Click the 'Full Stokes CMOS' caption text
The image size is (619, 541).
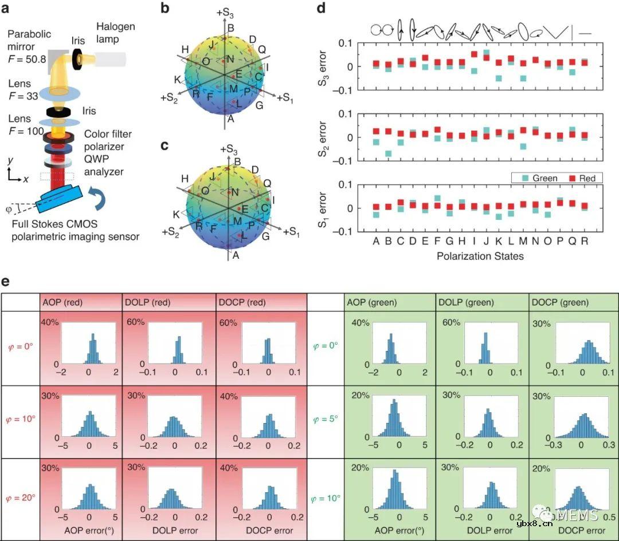click(x=72, y=223)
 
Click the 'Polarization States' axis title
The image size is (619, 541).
click(x=480, y=256)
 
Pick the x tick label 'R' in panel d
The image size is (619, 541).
click(x=584, y=241)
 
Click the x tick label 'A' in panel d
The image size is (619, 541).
click(x=376, y=241)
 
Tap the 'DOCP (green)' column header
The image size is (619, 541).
click(x=559, y=302)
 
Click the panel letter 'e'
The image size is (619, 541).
click(x=7, y=283)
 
